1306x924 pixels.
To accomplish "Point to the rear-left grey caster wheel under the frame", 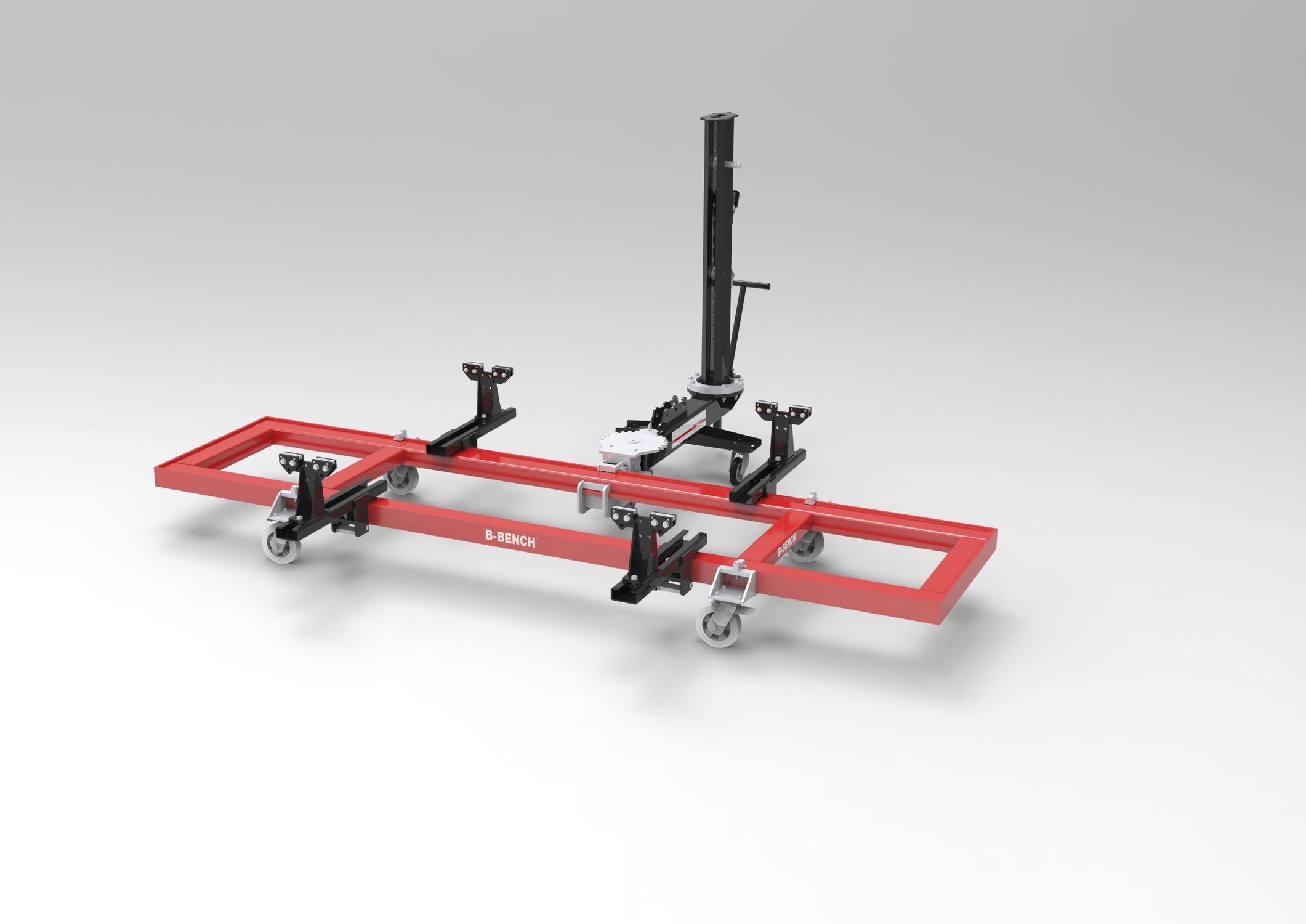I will coord(402,480).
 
